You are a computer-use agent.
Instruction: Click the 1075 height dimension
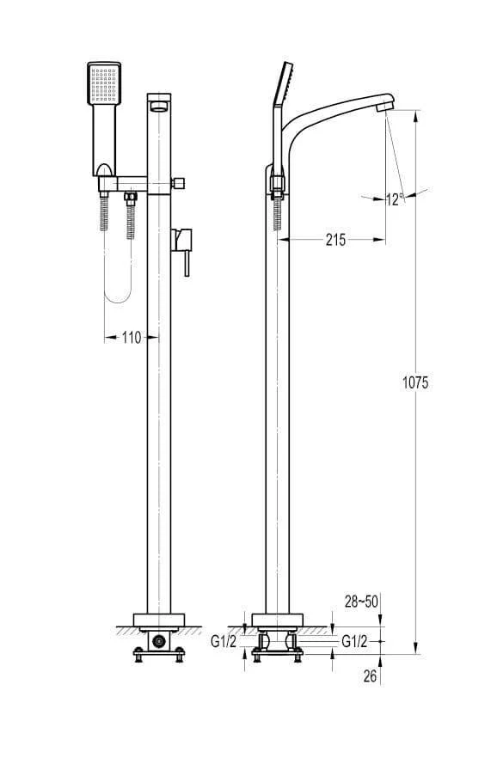pyautogui.click(x=415, y=382)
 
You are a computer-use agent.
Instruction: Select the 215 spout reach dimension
pyautogui.click(x=336, y=240)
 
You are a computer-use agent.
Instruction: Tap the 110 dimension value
pyautogui.click(x=131, y=338)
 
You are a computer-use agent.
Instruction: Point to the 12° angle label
pyautogui.click(x=395, y=199)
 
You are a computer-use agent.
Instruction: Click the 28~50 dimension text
pyautogui.click(x=361, y=602)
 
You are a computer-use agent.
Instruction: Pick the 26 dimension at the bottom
pyautogui.click(x=371, y=676)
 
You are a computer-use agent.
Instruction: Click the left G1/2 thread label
pyautogui.click(x=224, y=641)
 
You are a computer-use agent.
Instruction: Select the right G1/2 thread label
pyautogui.click(x=354, y=641)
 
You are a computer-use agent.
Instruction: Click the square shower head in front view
pyautogui.click(x=104, y=83)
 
